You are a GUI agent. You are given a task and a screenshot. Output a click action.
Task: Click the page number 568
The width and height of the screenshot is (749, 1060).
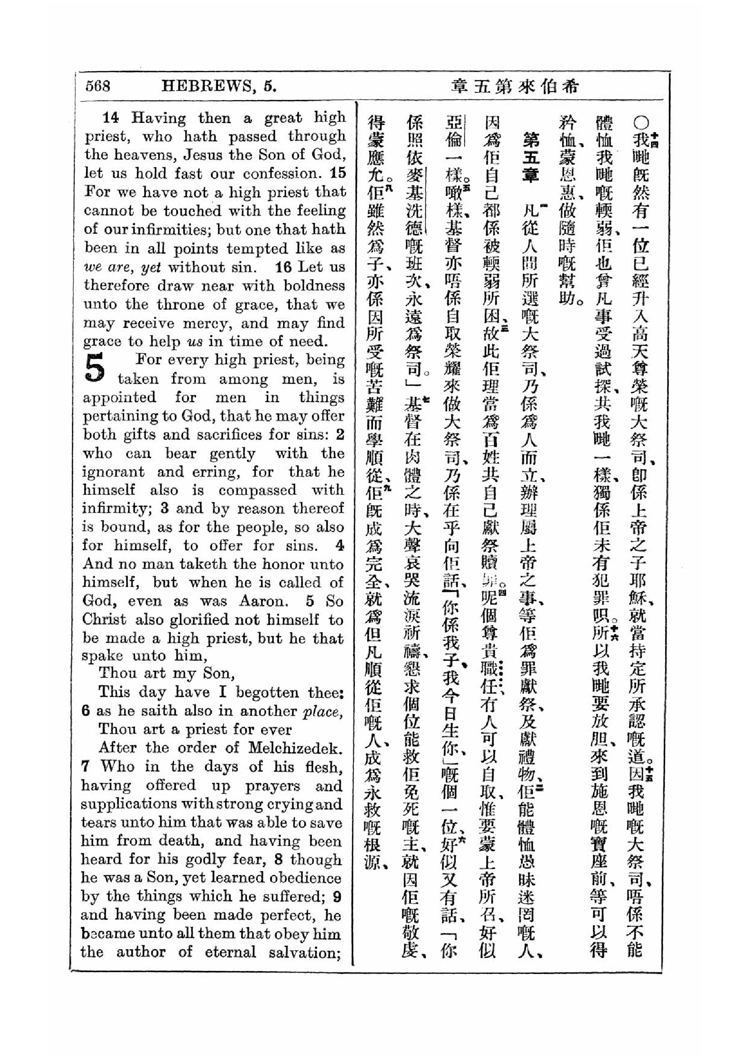[x=98, y=86]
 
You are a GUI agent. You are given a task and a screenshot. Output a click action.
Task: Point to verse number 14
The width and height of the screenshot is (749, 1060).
[x=110, y=118]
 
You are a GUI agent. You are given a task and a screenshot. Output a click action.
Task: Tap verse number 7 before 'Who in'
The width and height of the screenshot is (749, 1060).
[x=85, y=766]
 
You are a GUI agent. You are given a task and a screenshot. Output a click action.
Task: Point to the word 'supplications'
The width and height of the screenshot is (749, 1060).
[x=127, y=804]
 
